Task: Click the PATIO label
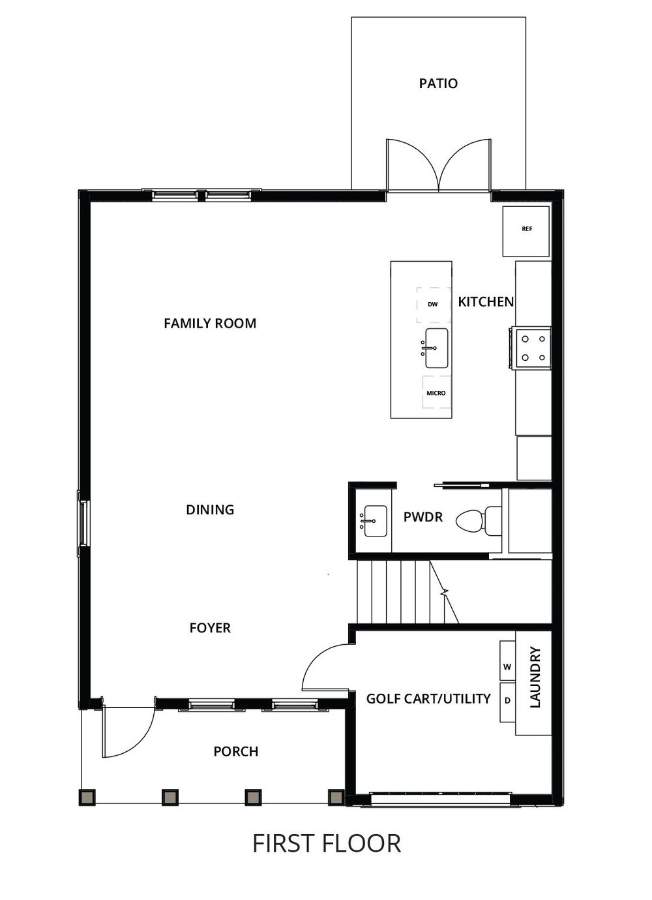coord(438,84)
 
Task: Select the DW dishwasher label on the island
coord(432,305)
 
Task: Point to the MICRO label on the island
coord(436,393)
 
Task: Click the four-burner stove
coord(531,348)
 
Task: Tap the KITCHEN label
coord(486,302)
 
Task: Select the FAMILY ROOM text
coord(210,323)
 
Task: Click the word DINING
coord(210,510)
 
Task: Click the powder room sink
coord(375,521)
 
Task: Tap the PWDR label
coord(423,518)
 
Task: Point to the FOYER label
coord(210,628)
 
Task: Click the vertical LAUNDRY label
coord(535,677)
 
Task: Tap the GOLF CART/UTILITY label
coord(428,699)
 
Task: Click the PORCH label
coord(236,752)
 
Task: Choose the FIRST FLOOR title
coord(327,844)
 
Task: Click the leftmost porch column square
coord(87,797)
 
